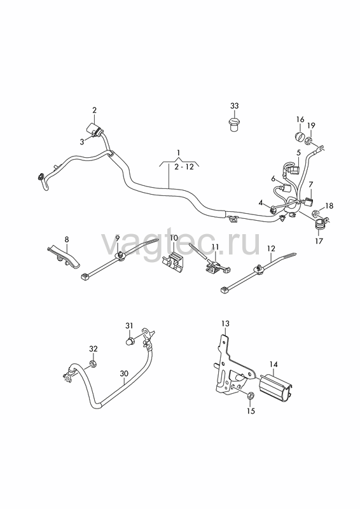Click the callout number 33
(x=234, y=106)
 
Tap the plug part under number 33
(x=233, y=125)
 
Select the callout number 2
(x=94, y=110)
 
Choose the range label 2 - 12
(x=184, y=167)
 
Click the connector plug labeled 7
(x=308, y=201)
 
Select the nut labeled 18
(x=315, y=214)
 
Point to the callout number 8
(x=67, y=240)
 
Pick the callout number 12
(x=271, y=249)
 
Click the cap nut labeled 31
(x=130, y=341)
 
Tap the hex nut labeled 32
(x=92, y=363)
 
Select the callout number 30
(x=124, y=373)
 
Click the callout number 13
(x=225, y=324)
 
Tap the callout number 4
(x=261, y=203)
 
